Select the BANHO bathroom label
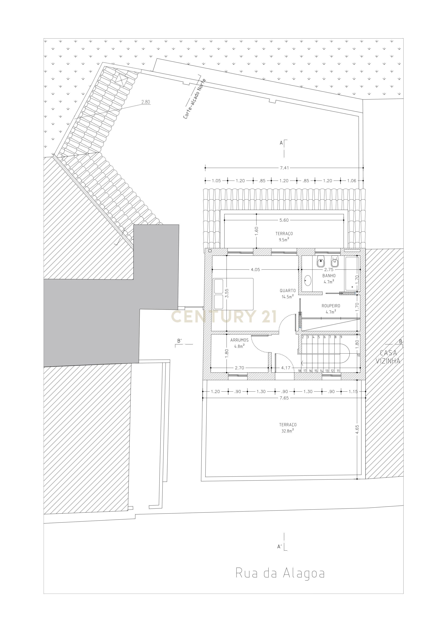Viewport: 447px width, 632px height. pyautogui.click(x=329, y=276)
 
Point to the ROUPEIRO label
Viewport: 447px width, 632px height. pyautogui.click(x=331, y=305)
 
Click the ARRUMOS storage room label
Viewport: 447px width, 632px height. pyautogui.click(x=239, y=340)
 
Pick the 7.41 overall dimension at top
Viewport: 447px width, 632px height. pyautogui.click(x=284, y=168)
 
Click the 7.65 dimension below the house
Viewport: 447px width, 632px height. pyautogui.click(x=284, y=398)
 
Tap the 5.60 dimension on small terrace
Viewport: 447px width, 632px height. pyautogui.click(x=284, y=220)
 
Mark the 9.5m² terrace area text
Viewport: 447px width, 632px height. pyautogui.click(x=284, y=240)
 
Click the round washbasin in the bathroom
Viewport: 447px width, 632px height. pyautogui.click(x=307, y=281)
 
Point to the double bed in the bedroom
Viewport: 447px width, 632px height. pyautogui.click(x=233, y=294)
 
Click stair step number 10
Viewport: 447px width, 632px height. pyautogui.click(x=358, y=355)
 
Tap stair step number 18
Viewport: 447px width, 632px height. pyautogui.click(x=299, y=371)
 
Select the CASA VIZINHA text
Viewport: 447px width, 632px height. pyautogui.click(x=388, y=357)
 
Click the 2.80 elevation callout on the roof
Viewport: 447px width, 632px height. pyautogui.click(x=146, y=102)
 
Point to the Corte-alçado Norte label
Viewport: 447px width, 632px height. pyautogui.click(x=194, y=99)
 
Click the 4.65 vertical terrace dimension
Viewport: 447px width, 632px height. pyautogui.click(x=357, y=429)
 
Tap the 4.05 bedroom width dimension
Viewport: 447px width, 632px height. pyautogui.click(x=255, y=269)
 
